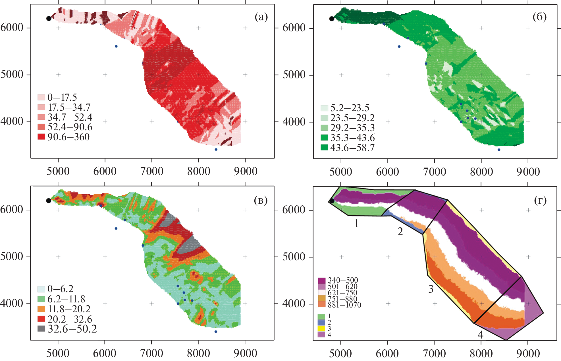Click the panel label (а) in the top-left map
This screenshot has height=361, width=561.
[261, 17]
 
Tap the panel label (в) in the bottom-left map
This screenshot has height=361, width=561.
[261, 200]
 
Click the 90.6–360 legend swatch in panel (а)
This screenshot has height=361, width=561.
[41, 137]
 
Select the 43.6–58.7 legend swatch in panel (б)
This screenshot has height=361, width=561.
[324, 147]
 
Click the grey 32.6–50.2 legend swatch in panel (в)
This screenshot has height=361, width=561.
[41, 329]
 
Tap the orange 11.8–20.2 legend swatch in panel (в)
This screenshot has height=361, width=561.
[41, 309]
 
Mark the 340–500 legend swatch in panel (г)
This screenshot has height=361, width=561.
[322, 280]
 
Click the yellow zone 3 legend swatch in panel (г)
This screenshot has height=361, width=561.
[321, 328]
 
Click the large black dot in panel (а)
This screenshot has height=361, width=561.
[49, 18]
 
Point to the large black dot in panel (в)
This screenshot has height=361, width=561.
[49, 201]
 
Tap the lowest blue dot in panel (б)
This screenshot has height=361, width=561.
[499, 150]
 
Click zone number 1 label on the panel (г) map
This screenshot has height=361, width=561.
[356, 224]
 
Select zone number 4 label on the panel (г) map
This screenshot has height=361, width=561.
[480, 335]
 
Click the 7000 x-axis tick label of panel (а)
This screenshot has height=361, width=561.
[152, 171]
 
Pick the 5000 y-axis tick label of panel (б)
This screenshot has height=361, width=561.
[294, 75]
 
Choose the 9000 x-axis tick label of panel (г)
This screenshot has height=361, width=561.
[528, 354]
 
